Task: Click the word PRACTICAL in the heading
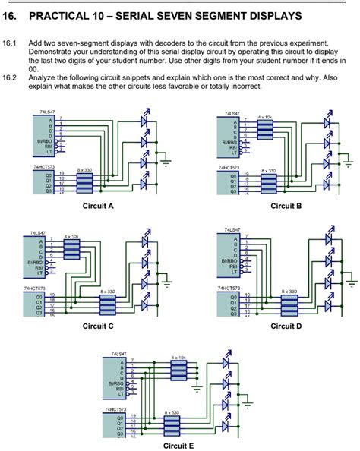point(69,16)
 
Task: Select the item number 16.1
point(9,44)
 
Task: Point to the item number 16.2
point(9,77)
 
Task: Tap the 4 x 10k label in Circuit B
point(264,118)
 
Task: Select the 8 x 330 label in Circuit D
point(289,291)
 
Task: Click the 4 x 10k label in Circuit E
point(178,357)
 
